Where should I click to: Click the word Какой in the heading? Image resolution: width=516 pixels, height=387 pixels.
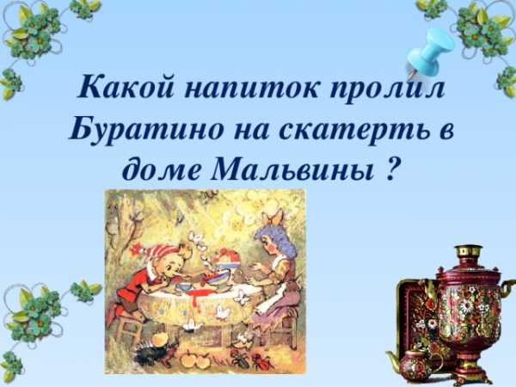pyautogui.click(x=125, y=88)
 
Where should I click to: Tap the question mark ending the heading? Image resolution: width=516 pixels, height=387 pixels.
pyautogui.click(x=390, y=169)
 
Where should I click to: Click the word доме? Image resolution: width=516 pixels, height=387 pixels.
pyautogui.click(x=162, y=169)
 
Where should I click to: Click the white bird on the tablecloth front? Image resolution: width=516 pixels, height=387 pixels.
pyautogui.click(x=223, y=313)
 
